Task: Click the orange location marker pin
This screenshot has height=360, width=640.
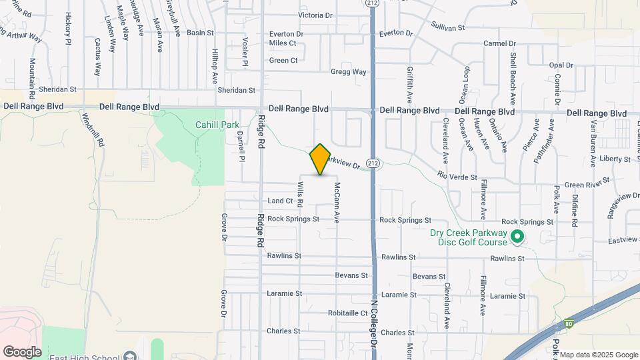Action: point(321,159)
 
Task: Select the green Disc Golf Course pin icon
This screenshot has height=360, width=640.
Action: point(516,237)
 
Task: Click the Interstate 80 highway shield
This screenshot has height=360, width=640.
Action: point(568,322)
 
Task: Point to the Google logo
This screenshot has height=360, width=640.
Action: point(22,351)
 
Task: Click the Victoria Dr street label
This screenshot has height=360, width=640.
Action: point(315,15)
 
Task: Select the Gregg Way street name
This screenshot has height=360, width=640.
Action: point(349,72)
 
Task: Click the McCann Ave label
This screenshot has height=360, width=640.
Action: point(337,202)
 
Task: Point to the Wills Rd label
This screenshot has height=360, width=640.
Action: point(301,194)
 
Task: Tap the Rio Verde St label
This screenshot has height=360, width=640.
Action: point(457,177)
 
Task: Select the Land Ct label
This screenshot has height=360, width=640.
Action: point(280,201)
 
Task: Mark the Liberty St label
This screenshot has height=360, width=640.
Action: point(615,159)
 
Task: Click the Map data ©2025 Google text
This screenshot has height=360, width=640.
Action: point(599,355)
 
